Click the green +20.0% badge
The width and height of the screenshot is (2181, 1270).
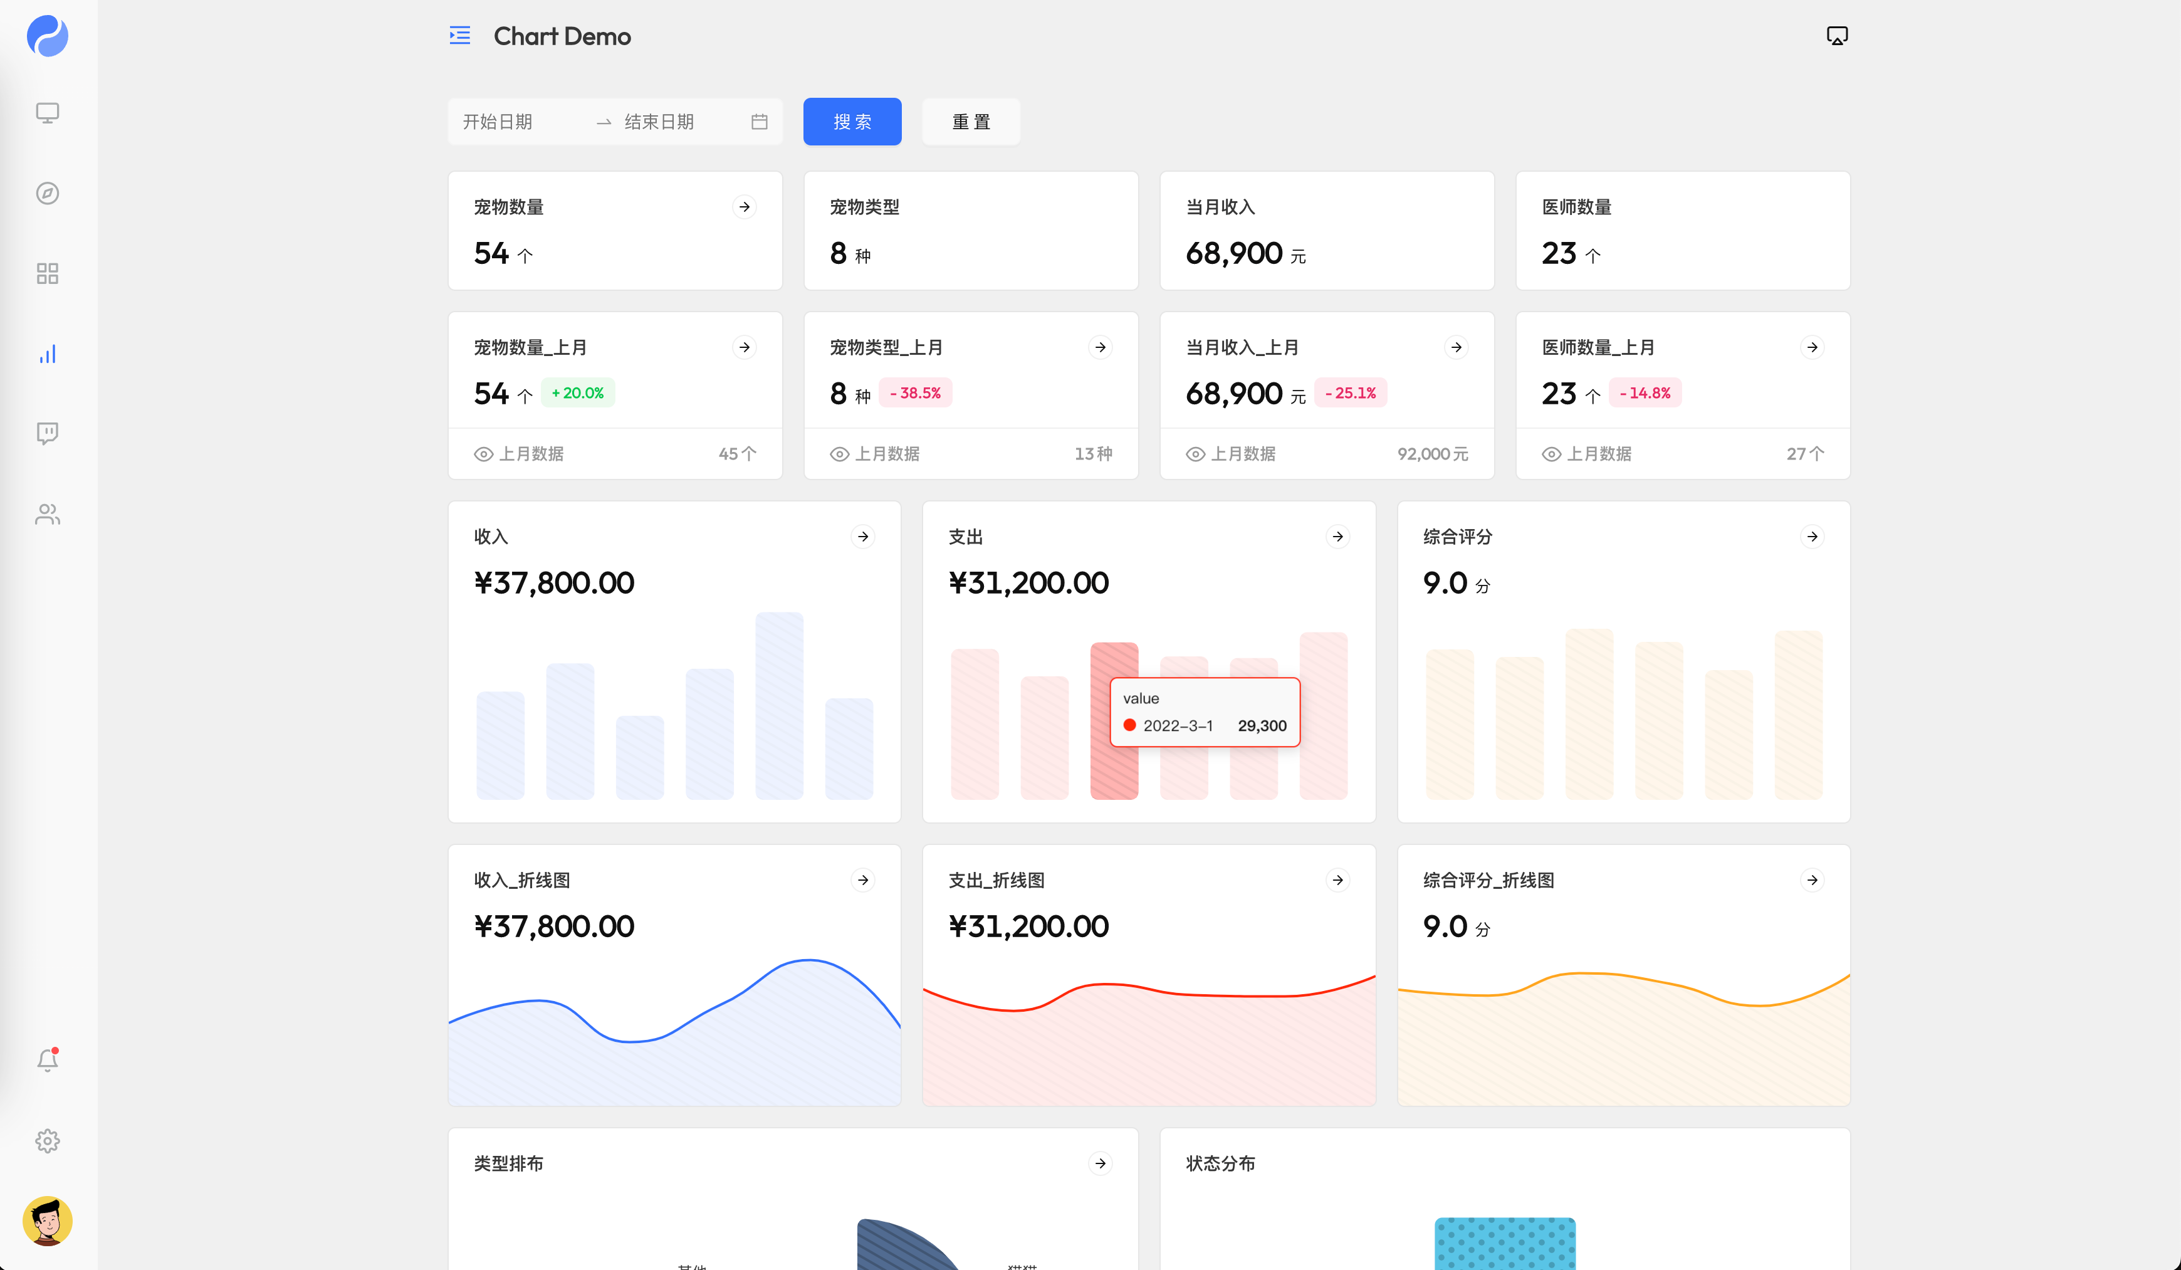(x=577, y=393)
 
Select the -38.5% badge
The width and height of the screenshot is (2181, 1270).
(x=915, y=393)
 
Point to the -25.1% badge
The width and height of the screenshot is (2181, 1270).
(x=1350, y=393)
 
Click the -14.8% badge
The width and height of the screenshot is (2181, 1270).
(x=1645, y=393)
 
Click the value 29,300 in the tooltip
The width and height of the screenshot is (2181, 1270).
(x=1262, y=725)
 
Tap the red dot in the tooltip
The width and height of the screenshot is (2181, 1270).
(x=1129, y=725)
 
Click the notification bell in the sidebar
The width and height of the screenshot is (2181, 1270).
(x=48, y=1059)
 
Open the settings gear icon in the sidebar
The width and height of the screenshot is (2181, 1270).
(x=48, y=1141)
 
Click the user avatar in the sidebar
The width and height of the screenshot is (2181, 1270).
(x=48, y=1220)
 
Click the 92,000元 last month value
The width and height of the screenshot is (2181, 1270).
(x=1432, y=454)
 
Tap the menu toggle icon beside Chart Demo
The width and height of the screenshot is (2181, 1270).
(x=459, y=36)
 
